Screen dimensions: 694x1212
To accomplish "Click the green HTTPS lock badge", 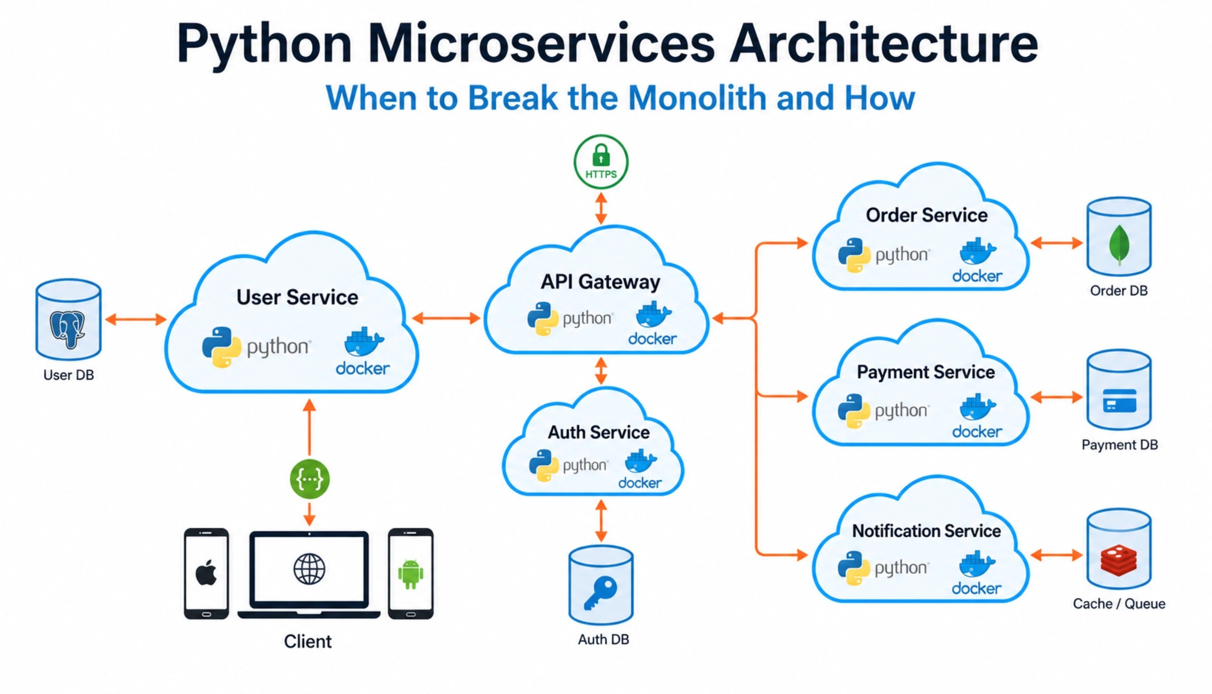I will tap(601, 162).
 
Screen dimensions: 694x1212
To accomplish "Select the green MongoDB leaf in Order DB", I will tap(1119, 245).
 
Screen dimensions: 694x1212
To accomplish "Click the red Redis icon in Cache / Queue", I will tap(1118, 560).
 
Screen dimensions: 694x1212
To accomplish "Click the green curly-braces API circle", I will tap(309, 479).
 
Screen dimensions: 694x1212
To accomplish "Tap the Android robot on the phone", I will tap(411, 574).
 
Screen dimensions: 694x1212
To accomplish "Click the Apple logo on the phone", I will tap(206, 573).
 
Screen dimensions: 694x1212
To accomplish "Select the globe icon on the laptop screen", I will tap(309, 569).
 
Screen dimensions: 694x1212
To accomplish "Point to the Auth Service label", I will tap(599, 432).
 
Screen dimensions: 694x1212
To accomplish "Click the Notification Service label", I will tap(926, 531).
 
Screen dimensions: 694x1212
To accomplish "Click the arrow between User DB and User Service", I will tap(135, 319).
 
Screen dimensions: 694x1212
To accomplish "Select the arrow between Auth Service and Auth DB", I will tap(601, 521).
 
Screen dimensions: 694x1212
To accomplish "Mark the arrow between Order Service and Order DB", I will tap(1057, 243).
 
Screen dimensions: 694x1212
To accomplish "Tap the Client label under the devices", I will tap(308, 642).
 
